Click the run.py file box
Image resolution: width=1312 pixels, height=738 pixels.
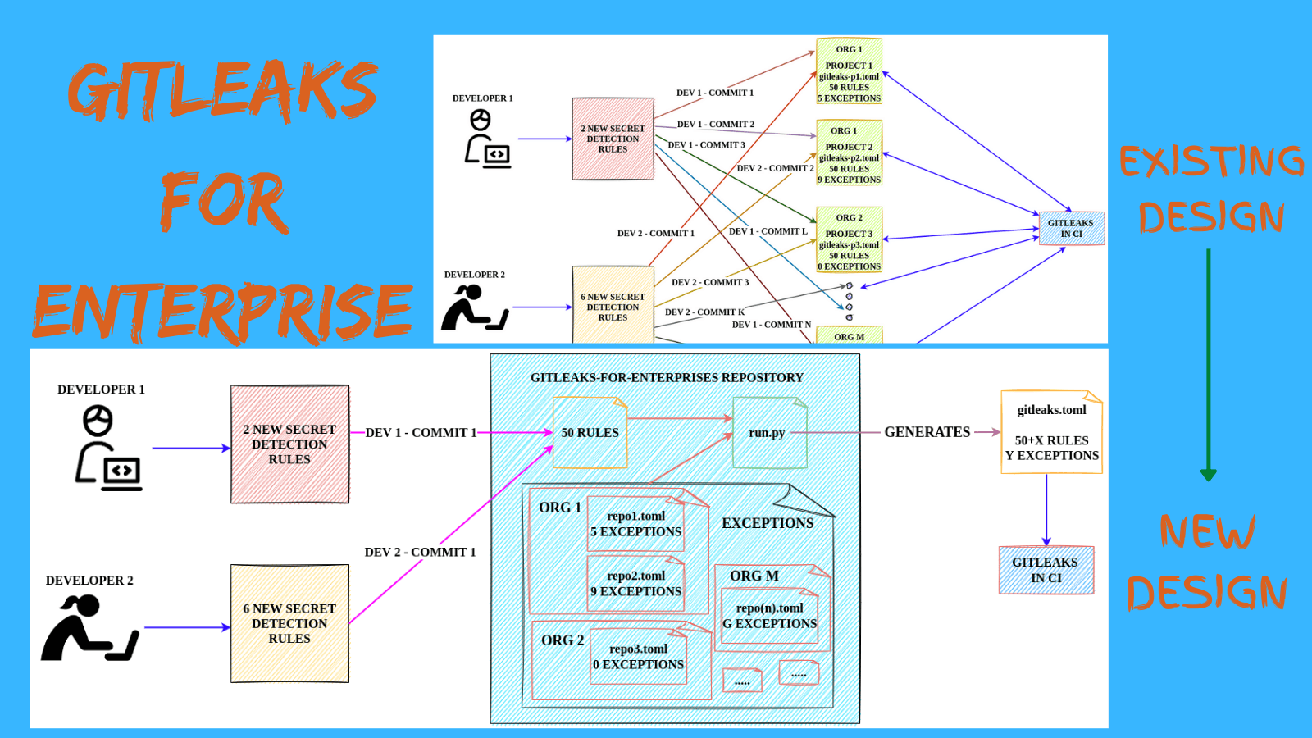769,433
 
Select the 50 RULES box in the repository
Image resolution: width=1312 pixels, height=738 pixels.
590,433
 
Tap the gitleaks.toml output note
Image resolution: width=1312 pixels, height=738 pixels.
1051,433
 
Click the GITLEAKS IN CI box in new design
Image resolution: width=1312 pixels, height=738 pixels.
1045,570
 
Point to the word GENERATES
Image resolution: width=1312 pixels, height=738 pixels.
927,432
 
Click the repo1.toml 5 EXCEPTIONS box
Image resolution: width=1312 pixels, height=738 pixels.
636,524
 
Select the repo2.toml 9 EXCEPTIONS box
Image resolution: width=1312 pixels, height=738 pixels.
636,584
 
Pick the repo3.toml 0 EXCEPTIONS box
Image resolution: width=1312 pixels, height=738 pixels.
639,657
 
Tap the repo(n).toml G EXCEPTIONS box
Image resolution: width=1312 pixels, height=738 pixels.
769,617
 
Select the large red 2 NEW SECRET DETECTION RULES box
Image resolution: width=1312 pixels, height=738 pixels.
289,444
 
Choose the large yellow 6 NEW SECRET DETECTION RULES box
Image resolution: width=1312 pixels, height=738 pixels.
289,623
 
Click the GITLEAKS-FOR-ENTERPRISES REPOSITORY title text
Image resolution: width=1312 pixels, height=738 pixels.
667,378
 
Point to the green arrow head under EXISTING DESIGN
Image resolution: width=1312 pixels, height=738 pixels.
1208,475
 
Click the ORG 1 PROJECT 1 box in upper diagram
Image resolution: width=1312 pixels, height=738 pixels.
849,72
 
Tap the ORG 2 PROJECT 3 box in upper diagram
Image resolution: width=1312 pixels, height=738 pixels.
849,239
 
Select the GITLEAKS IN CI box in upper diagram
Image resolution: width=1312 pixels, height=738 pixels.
1071,228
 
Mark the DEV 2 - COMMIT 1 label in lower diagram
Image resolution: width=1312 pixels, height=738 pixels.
420,553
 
